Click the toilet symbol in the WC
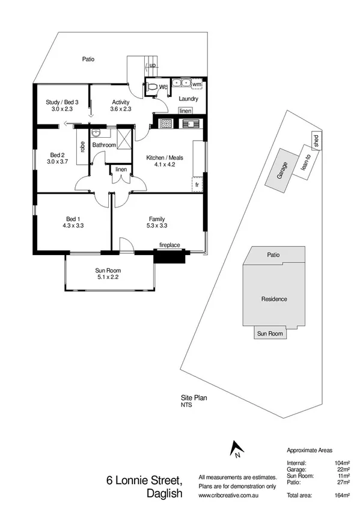154,88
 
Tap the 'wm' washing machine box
197,84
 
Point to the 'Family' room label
157,222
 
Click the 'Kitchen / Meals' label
164,161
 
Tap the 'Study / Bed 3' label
62,105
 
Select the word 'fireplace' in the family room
170,245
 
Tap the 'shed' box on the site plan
316,141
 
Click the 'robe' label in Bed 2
82,146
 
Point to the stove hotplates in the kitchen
166,124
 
